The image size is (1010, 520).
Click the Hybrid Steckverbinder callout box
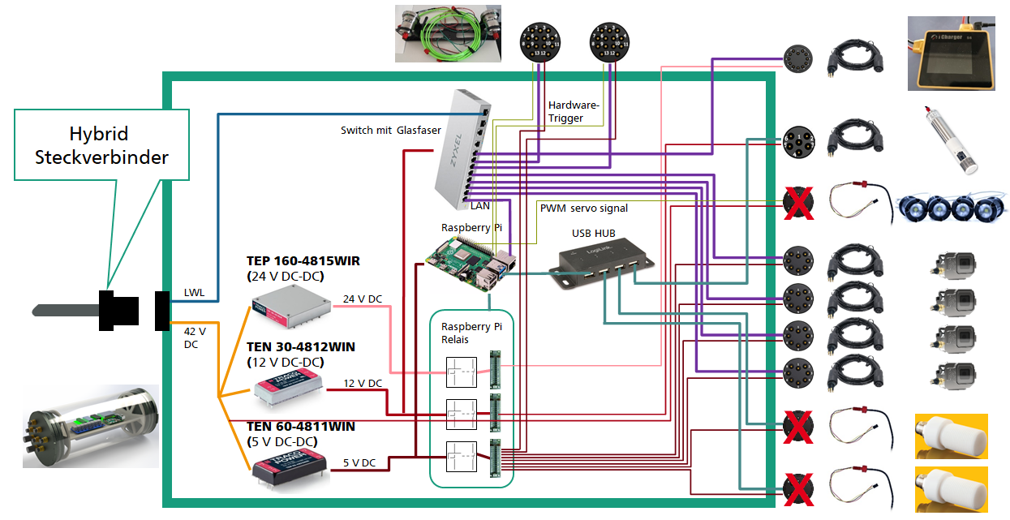101,145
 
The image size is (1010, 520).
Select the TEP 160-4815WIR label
303,261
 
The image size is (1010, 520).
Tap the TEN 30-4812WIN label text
301,347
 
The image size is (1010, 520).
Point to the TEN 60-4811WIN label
301,426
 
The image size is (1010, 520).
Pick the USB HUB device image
602,263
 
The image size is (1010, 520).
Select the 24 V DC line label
362,299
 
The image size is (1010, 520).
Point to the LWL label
194,292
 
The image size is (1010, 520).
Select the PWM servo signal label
584,208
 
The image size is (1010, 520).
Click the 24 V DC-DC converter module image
289,309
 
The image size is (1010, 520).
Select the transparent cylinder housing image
91,426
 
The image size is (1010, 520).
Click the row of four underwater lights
950,208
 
